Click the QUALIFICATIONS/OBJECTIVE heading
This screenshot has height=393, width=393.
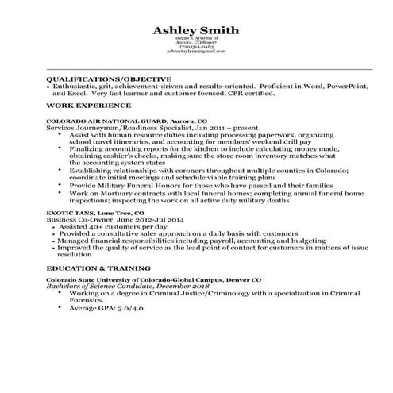[x=109, y=80]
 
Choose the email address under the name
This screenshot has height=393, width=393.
[x=196, y=51]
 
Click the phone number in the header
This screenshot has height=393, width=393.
[x=196, y=46]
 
